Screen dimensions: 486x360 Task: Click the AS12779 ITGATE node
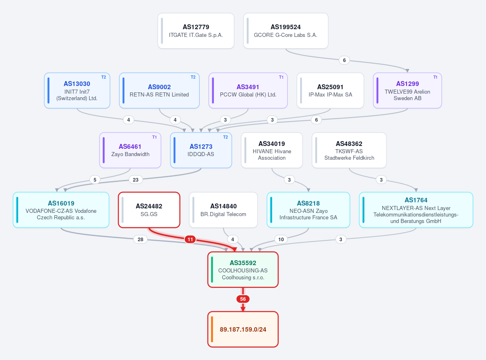[x=196, y=31]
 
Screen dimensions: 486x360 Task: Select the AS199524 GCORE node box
[x=286, y=31]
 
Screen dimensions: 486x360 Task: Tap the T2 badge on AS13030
[x=103, y=77]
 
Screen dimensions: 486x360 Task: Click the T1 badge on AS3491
[x=281, y=77]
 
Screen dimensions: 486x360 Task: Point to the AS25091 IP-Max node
[x=330, y=90]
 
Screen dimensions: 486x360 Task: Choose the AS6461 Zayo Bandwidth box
[x=130, y=150]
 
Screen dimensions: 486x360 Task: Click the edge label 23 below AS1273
[x=136, y=180]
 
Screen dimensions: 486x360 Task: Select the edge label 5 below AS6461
[x=95, y=180]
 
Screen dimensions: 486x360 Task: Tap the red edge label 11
[x=190, y=239]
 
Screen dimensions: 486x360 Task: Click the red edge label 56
[x=243, y=299]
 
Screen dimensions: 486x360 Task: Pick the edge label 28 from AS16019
[x=141, y=239]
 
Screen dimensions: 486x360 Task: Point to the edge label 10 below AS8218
[x=281, y=239]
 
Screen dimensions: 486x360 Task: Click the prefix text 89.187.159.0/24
[x=243, y=330]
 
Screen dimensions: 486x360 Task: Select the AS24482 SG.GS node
[x=149, y=210]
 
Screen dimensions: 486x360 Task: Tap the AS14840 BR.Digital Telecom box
[x=223, y=210]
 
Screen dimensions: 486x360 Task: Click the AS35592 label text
[x=243, y=263]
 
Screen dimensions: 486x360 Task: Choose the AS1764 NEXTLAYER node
[x=416, y=210]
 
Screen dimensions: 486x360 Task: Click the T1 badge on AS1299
[x=435, y=77]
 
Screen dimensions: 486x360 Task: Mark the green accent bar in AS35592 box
[x=212, y=270]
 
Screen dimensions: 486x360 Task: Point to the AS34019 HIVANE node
[x=272, y=150]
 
